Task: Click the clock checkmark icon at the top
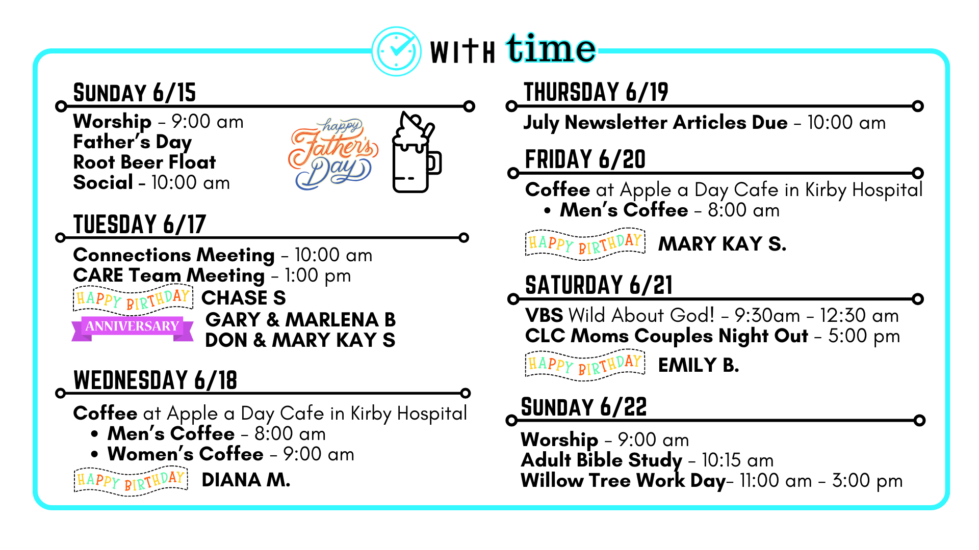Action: click(397, 51)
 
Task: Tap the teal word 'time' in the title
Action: click(551, 48)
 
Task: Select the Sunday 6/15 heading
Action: click(135, 93)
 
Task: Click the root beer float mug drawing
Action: click(416, 152)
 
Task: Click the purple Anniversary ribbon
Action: click(133, 328)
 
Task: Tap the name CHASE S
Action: click(244, 298)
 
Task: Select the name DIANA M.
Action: click(246, 480)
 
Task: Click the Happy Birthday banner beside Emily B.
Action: click(585, 365)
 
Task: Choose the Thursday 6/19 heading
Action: click(596, 92)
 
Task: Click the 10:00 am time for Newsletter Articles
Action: click(846, 123)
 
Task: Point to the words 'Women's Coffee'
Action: click(186, 454)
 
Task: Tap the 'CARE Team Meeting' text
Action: click(169, 276)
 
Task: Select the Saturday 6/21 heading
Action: click(599, 285)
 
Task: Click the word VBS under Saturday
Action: click(544, 316)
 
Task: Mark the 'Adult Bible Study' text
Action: click(602, 460)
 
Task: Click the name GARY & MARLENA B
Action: click(301, 320)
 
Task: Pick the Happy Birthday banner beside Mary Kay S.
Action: click(585, 244)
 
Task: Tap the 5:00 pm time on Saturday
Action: click(864, 337)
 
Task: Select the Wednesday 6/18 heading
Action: click(156, 380)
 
